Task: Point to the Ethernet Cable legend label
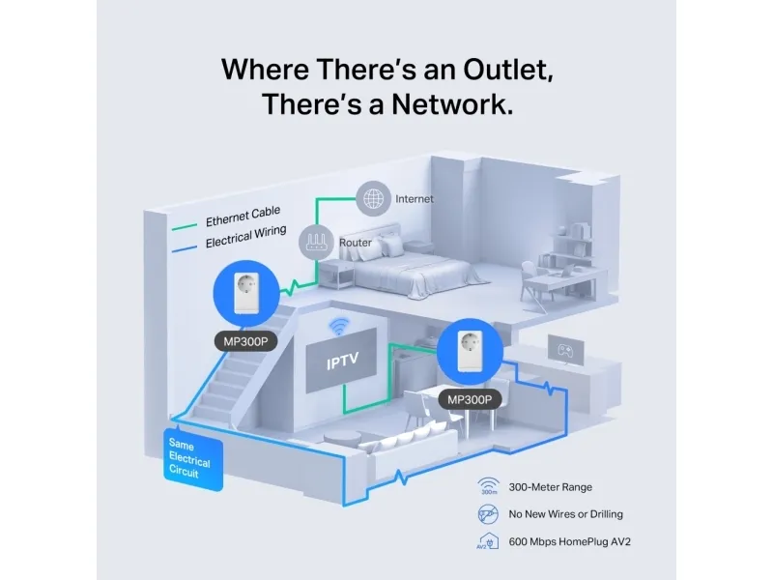point(241,219)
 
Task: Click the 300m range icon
point(488,487)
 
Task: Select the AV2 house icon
point(488,540)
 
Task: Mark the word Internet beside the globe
point(415,199)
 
